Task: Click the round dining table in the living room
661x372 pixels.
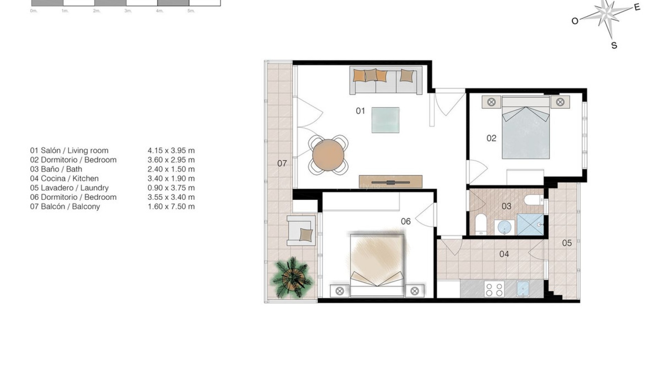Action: click(x=328, y=155)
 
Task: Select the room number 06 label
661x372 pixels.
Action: click(x=406, y=221)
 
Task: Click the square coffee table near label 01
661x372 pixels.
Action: click(x=385, y=120)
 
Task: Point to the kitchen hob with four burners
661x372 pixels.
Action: click(x=494, y=289)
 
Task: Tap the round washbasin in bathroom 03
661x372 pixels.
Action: click(x=505, y=227)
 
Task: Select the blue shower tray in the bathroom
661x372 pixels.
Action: click(x=530, y=225)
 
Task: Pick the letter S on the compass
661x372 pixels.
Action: click(x=614, y=45)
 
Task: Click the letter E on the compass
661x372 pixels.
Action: click(x=637, y=7)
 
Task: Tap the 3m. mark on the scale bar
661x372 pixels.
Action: click(x=128, y=11)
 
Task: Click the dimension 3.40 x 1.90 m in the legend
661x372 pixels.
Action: click(x=171, y=178)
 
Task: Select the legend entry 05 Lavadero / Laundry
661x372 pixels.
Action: click(x=69, y=188)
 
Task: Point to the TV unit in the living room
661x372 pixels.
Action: click(x=390, y=182)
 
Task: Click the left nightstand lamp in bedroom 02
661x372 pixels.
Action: click(x=491, y=102)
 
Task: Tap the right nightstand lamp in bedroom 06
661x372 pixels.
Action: click(x=415, y=291)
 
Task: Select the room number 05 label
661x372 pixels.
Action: click(x=567, y=243)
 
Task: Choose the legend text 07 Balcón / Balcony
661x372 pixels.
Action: click(x=65, y=207)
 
